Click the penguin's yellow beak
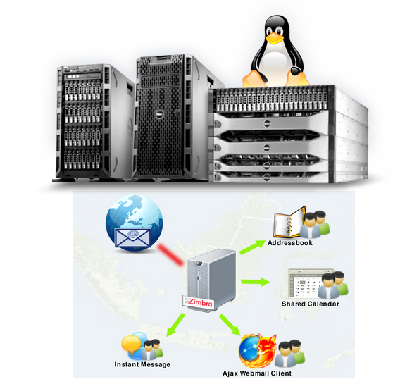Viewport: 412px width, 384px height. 275,38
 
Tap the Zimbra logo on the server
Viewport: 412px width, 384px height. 199,302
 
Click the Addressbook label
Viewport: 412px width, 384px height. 290,243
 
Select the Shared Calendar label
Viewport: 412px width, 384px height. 311,304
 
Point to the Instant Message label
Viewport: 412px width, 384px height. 142,364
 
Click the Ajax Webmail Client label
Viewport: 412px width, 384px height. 257,373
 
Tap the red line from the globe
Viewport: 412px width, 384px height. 170,254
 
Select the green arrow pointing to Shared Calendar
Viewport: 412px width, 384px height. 256,282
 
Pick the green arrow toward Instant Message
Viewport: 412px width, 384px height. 175,324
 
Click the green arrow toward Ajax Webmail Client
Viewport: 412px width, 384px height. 230,325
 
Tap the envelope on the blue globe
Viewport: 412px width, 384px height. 133,238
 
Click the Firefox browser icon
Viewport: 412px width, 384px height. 258,351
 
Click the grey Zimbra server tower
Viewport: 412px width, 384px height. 211,280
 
